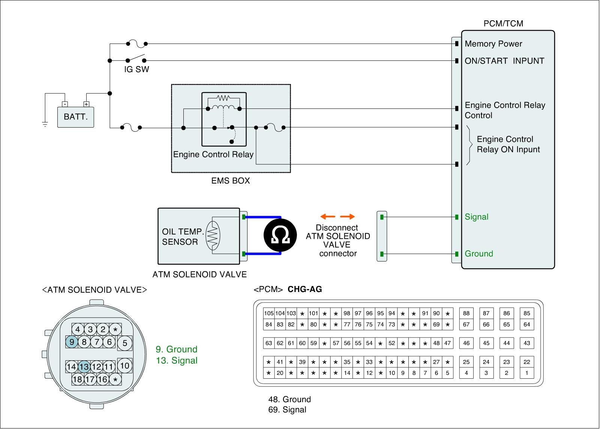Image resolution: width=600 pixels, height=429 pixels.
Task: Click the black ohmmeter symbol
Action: pyautogui.click(x=280, y=235)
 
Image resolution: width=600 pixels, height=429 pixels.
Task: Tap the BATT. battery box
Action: pyautogui.click(x=75, y=117)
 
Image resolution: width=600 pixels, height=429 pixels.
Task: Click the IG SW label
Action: pyautogui.click(x=136, y=69)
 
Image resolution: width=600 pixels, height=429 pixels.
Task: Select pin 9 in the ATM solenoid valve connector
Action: pyautogui.click(x=72, y=342)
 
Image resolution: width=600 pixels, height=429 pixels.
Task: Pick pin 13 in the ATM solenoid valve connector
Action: pyautogui.click(x=84, y=367)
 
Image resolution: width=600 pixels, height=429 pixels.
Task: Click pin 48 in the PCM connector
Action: pyautogui.click(x=436, y=343)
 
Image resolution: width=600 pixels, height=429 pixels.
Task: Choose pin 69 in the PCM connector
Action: pyautogui.click(x=436, y=324)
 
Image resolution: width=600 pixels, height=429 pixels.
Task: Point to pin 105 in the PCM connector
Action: pyautogui.click(x=268, y=313)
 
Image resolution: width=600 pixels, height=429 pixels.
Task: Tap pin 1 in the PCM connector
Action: pyautogui.click(x=526, y=373)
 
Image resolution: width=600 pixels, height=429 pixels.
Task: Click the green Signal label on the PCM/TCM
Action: pyautogui.click(x=476, y=217)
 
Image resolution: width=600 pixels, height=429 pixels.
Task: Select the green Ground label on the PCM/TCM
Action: pyautogui.click(x=478, y=254)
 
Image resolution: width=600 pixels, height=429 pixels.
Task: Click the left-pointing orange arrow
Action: pyautogui.click(x=328, y=217)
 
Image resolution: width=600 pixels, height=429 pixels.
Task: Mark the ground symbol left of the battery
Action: pyautogui.click(x=45, y=124)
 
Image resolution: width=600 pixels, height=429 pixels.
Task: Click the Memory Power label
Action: pyautogui.click(x=493, y=44)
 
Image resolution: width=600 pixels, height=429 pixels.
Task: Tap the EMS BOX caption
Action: pyautogui.click(x=230, y=181)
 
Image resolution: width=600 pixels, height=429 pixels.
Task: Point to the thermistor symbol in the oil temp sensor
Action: pyautogui.click(x=213, y=235)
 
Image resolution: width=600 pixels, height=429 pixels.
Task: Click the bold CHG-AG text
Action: pyautogui.click(x=304, y=289)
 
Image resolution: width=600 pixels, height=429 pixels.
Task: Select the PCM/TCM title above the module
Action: pyautogui.click(x=503, y=24)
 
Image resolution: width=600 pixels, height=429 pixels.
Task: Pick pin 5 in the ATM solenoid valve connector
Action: pyautogui.click(x=124, y=343)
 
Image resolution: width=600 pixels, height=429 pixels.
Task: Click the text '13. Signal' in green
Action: pyautogui.click(x=177, y=360)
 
